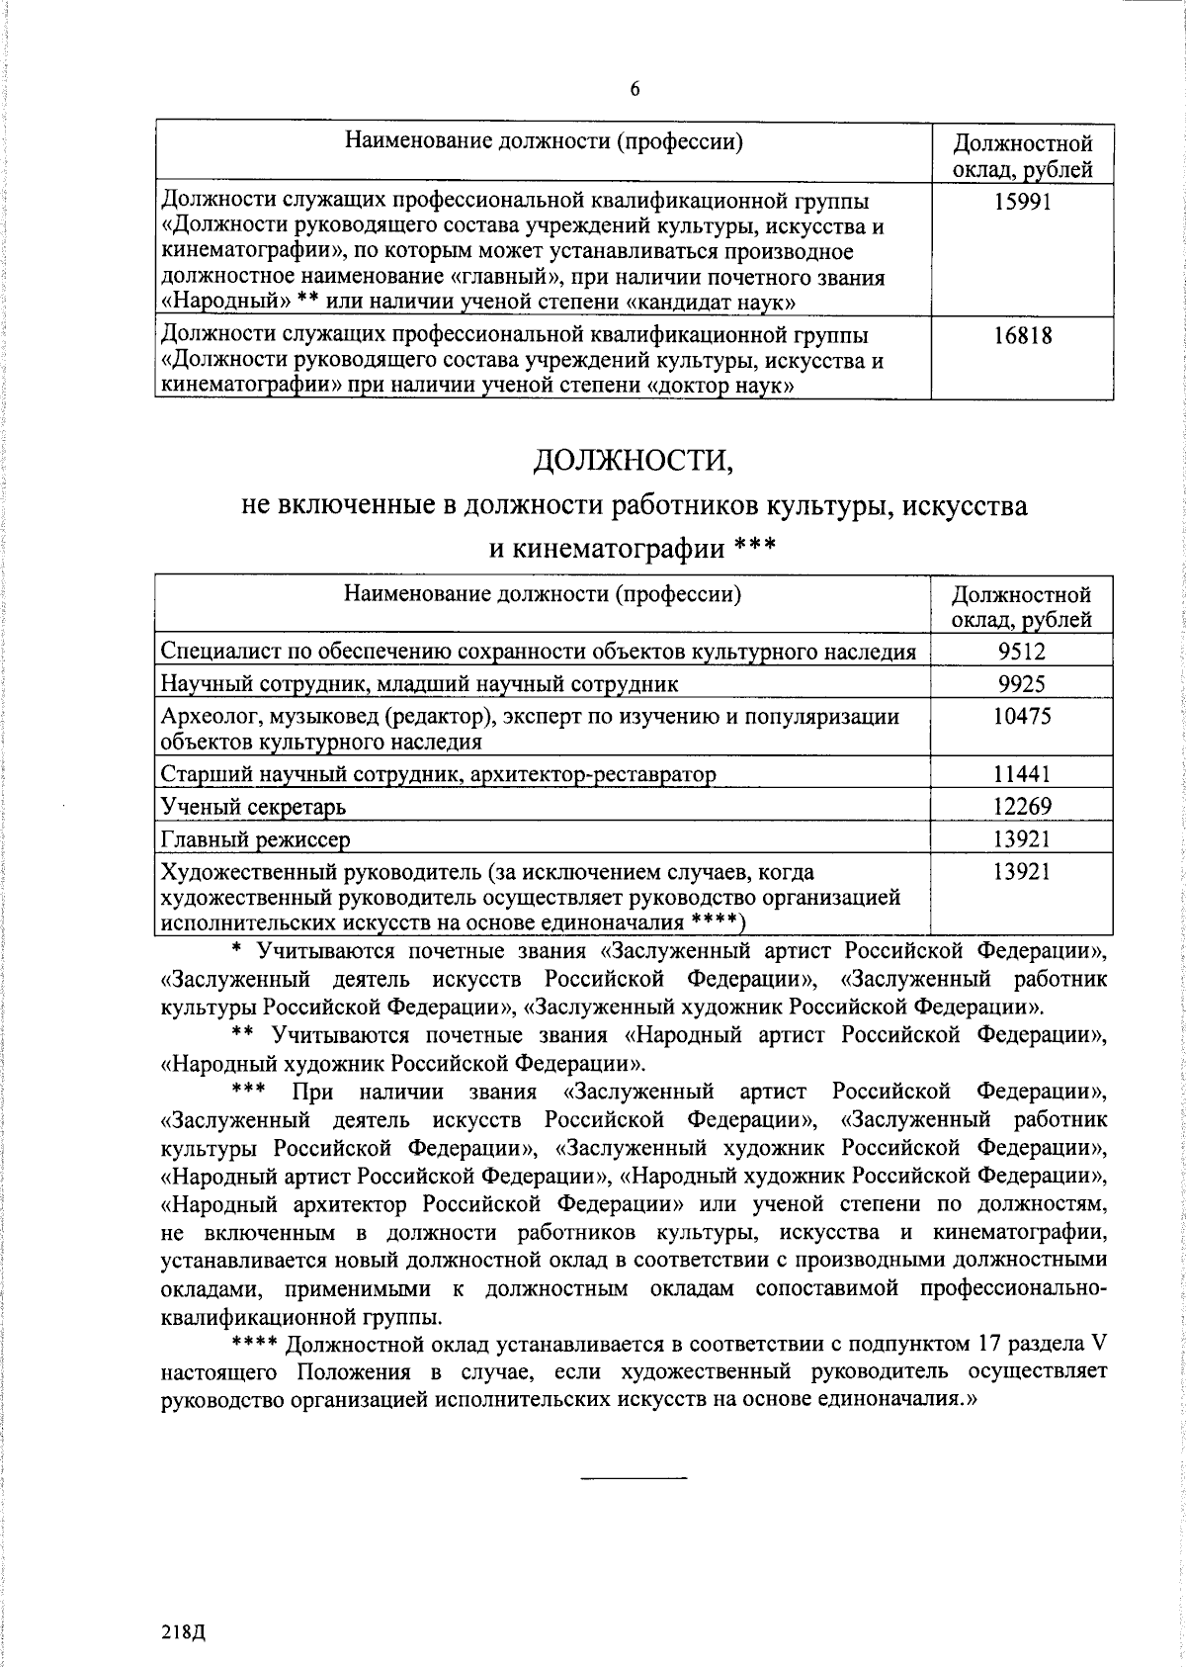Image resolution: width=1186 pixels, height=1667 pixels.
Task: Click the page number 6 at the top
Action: pos(635,90)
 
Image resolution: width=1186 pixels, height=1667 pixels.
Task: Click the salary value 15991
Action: pos(1022,202)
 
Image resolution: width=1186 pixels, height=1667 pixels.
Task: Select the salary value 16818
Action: pos(1022,336)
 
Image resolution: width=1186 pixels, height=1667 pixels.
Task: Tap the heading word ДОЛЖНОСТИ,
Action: pos(635,460)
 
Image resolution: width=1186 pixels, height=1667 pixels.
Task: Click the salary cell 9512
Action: pos(1022,651)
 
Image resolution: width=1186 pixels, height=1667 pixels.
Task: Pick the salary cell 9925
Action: pos(1022,683)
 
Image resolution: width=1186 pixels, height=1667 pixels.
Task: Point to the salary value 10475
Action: pos(1022,716)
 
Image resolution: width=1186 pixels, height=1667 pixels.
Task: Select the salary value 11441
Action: pos(1022,773)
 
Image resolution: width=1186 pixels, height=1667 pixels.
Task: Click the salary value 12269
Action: pos(1022,806)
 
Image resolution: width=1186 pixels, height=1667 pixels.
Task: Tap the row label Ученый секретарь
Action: pos(253,807)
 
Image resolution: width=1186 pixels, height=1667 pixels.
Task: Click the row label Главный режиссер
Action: pos(255,839)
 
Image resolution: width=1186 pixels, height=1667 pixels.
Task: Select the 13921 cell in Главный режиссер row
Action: pos(1022,838)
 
